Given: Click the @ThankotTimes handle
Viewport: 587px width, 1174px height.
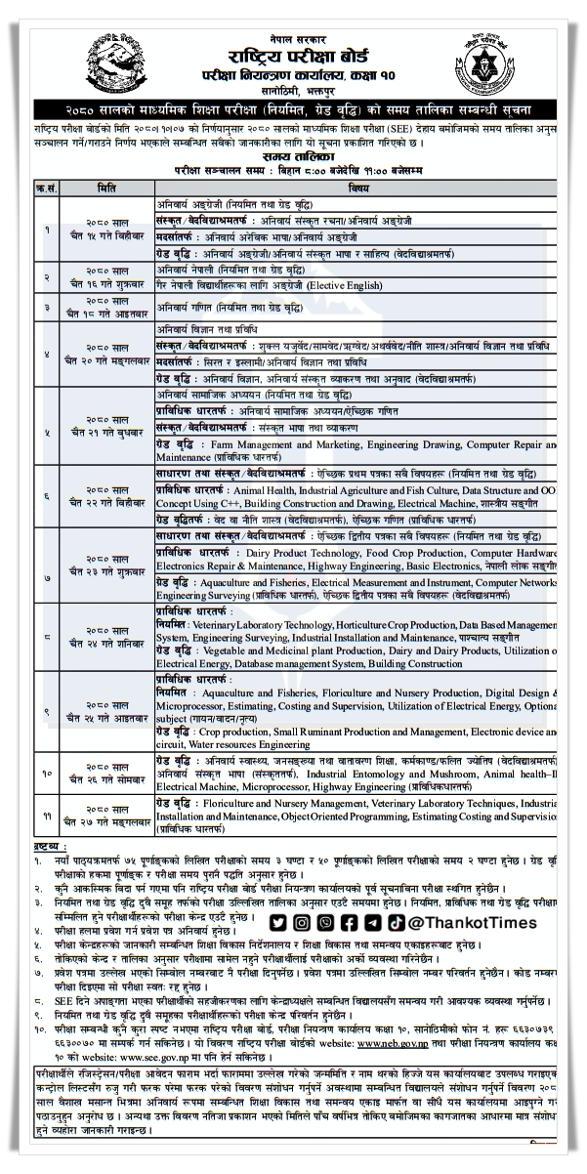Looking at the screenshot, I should [475, 923].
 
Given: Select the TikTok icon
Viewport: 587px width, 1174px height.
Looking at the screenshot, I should [394, 923].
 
